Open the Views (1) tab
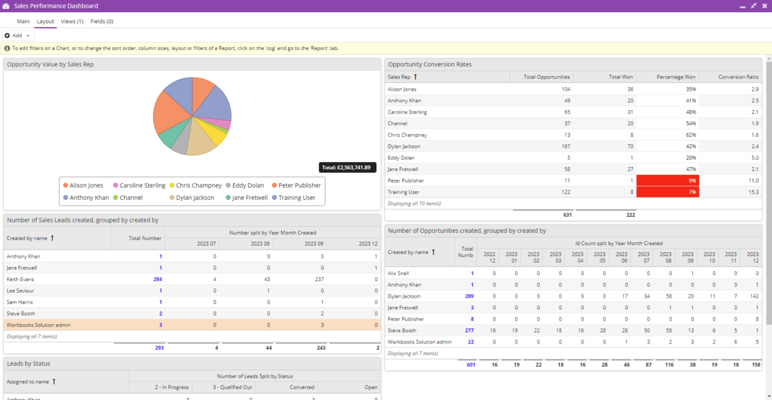coord(72,21)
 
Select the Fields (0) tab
coord(102,21)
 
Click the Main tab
coord(23,21)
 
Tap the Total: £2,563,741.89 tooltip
coord(347,167)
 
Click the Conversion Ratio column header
coord(738,77)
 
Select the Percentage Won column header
coord(674,77)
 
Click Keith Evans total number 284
coord(157,279)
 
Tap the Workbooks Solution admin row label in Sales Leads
coord(39,325)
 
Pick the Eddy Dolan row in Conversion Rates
coord(401,158)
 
